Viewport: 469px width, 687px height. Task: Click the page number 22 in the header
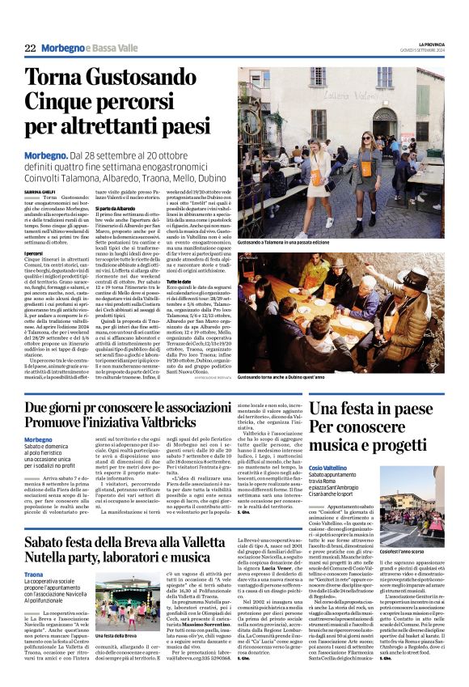[30, 49]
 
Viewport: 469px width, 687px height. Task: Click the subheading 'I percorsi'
[35, 252]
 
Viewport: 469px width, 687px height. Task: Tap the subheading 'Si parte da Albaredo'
[124, 208]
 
